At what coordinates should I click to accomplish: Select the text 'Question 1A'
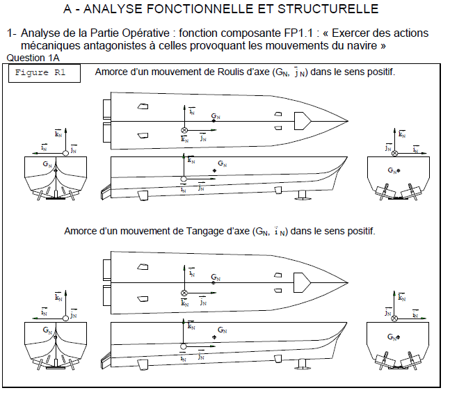(x=32, y=56)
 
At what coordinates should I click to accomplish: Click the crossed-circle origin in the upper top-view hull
(x=184, y=130)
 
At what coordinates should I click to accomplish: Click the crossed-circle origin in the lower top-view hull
(x=184, y=293)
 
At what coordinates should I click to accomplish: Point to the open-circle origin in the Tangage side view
(x=184, y=346)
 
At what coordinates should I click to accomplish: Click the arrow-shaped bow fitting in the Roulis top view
(x=303, y=121)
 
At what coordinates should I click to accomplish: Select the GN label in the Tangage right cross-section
(x=394, y=337)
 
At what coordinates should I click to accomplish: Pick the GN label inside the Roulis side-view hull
(x=222, y=164)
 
